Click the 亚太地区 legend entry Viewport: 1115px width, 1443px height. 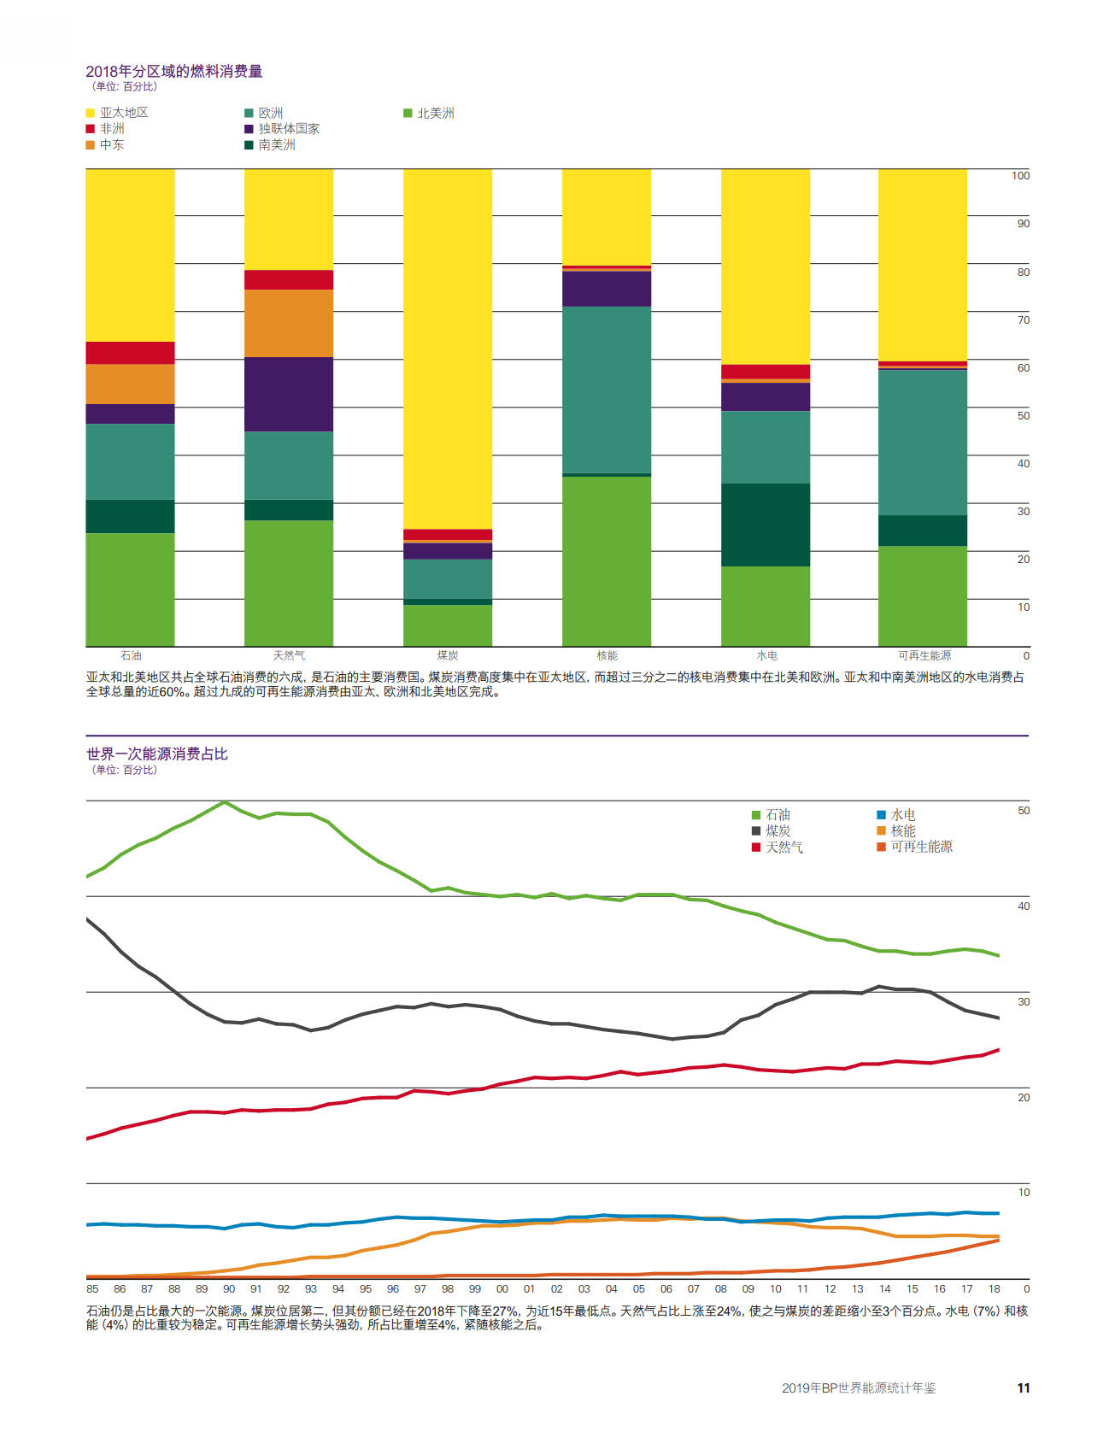coord(117,113)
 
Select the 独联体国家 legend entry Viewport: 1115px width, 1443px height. coord(282,129)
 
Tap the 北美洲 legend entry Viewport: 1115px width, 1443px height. coord(429,113)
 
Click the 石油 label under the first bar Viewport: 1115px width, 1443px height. coord(131,655)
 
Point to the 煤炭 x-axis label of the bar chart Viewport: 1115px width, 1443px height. coord(448,655)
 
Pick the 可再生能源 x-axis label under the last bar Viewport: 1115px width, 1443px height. coord(924,655)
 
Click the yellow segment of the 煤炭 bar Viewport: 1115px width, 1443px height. coord(448,349)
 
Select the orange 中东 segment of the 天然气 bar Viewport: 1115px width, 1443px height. coord(289,323)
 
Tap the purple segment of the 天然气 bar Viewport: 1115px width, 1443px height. coord(289,394)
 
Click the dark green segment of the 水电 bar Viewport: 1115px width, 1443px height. coord(766,525)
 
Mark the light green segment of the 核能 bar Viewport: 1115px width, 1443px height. coord(607,561)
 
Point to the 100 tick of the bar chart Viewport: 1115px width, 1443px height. coord(1020,175)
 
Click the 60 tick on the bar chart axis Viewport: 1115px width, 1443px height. coord(1023,367)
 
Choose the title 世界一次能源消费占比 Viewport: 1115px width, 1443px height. coord(157,754)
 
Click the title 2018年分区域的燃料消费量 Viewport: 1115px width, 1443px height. coord(174,71)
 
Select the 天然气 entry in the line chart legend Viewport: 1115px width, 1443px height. coord(778,847)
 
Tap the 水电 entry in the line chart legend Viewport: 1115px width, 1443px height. coord(896,814)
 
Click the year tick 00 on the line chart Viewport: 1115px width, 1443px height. coord(502,1288)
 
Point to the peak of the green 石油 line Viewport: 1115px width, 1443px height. coord(224,801)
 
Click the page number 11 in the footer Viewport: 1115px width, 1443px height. coord(1023,1387)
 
